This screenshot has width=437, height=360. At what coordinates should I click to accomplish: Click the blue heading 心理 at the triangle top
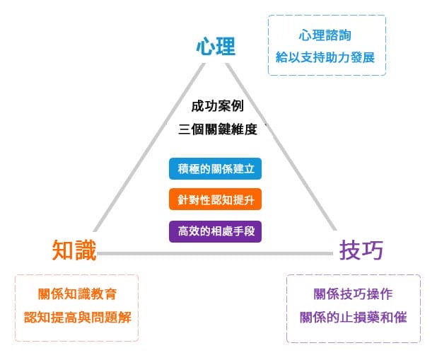[x=215, y=47]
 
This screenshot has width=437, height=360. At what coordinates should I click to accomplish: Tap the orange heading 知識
[x=74, y=250]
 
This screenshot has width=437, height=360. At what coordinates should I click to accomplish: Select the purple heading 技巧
[x=361, y=250]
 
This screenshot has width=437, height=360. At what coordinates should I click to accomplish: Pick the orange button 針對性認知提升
[x=216, y=200]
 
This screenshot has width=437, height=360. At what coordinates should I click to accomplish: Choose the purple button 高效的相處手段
[x=216, y=231]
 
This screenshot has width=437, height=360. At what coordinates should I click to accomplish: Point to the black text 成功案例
[x=218, y=106]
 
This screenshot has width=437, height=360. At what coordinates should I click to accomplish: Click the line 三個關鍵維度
[x=221, y=130]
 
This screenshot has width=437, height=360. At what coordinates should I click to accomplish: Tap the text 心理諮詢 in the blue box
[x=325, y=35]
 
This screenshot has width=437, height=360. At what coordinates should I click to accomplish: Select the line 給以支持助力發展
[x=325, y=57]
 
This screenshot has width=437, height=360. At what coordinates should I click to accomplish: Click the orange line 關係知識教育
[x=78, y=294]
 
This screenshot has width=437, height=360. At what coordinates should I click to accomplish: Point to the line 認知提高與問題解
[x=78, y=316]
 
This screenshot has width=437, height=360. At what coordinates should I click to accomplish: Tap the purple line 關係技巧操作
[x=353, y=294]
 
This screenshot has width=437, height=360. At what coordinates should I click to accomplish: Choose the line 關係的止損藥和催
[x=353, y=316]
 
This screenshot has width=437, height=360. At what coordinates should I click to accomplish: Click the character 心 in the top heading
[x=205, y=47]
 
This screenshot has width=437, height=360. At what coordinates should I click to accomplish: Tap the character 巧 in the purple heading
[x=372, y=250]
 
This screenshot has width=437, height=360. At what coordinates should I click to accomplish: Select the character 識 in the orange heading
[x=85, y=250]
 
